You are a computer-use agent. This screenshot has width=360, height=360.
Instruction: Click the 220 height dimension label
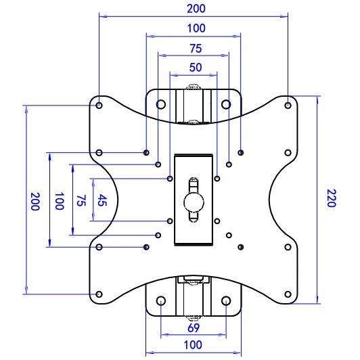(330, 198)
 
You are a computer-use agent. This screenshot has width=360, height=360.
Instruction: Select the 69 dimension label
(194, 328)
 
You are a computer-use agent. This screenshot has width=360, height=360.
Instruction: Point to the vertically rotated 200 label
(35, 201)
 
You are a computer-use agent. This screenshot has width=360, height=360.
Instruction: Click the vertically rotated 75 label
(81, 200)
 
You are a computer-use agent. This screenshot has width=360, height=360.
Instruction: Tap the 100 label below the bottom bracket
(194, 346)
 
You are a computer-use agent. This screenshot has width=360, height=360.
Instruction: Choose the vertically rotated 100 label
(59, 201)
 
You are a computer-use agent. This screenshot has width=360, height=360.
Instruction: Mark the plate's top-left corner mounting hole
(99, 106)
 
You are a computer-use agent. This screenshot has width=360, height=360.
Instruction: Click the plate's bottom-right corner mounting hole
(288, 295)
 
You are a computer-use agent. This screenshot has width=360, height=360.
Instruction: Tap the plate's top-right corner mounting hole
(288, 106)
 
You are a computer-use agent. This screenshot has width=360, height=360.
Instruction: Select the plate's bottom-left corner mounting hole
(99, 295)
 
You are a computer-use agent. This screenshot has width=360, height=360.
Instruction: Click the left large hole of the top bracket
(161, 105)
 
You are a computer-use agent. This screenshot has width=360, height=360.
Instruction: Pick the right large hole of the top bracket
(226, 105)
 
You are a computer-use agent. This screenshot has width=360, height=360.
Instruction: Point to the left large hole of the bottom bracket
(161, 301)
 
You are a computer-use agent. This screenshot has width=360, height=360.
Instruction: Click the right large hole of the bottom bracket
(226, 301)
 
